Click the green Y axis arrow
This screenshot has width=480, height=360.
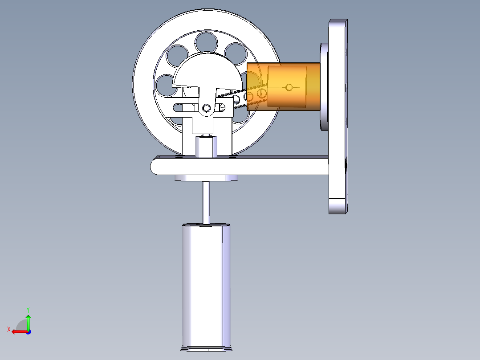pyautogui.click(x=28, y=322)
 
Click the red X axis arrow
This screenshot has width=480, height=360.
pyautogui.click(x=20, y=331)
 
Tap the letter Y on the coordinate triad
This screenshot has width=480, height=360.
pyautogui.click(x=28, y=310)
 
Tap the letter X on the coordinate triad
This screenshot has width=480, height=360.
pyautogui.click(x=9, y=329)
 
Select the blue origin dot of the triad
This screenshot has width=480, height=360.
pyautogui.click(x=28, y=331)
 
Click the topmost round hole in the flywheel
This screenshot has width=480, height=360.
pyautogui.click(x=206, y=42)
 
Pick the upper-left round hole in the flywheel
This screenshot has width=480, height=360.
pyautogui.click(x=178, y=56)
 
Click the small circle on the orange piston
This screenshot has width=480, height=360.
pyautogui.click(x=289, y=88)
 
